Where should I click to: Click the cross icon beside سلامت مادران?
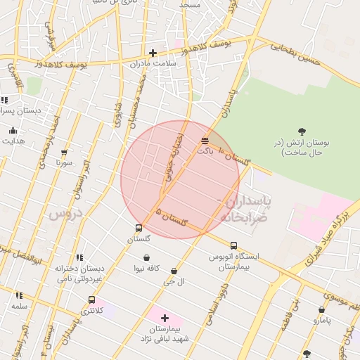point(153,53)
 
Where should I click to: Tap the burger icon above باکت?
point(205,141)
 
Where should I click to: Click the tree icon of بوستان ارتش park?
point(302,131)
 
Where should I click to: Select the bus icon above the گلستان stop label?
point(139,228)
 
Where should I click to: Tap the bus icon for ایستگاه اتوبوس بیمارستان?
point(233,245)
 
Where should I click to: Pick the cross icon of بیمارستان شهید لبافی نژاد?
point(165,318)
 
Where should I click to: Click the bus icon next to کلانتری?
point(91,300)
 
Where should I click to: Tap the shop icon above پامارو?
point(321,309)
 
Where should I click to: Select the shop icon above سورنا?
point(65,152)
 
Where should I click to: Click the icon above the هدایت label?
point(13,130)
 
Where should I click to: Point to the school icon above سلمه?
point(18,295)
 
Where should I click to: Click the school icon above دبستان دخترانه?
point(79,257)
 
